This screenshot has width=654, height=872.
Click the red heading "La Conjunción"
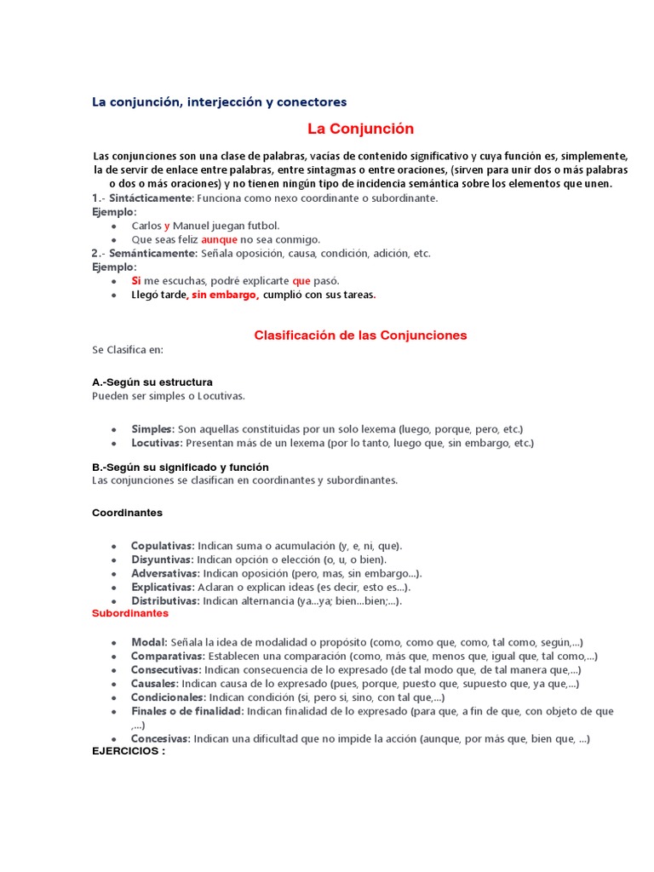(360, 129)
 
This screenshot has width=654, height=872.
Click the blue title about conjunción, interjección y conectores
(220, 102)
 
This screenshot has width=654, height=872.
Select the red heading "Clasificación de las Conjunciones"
(360, 336)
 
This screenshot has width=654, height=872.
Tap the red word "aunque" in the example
(219, 240)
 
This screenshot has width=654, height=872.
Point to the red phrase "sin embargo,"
(225, 295)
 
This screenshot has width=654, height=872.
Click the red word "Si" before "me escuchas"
(136, 280)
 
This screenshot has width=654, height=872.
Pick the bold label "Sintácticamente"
(151, 198)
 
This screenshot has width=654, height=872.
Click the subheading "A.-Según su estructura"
(152, 382)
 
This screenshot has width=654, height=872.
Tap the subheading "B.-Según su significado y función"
(180, 468)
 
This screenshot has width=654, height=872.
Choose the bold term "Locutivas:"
(157, 443)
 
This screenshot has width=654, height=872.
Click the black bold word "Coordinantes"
(127, 513)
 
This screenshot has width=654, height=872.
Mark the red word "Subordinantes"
(130, 613)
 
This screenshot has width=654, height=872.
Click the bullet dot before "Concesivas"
(114, 739)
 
